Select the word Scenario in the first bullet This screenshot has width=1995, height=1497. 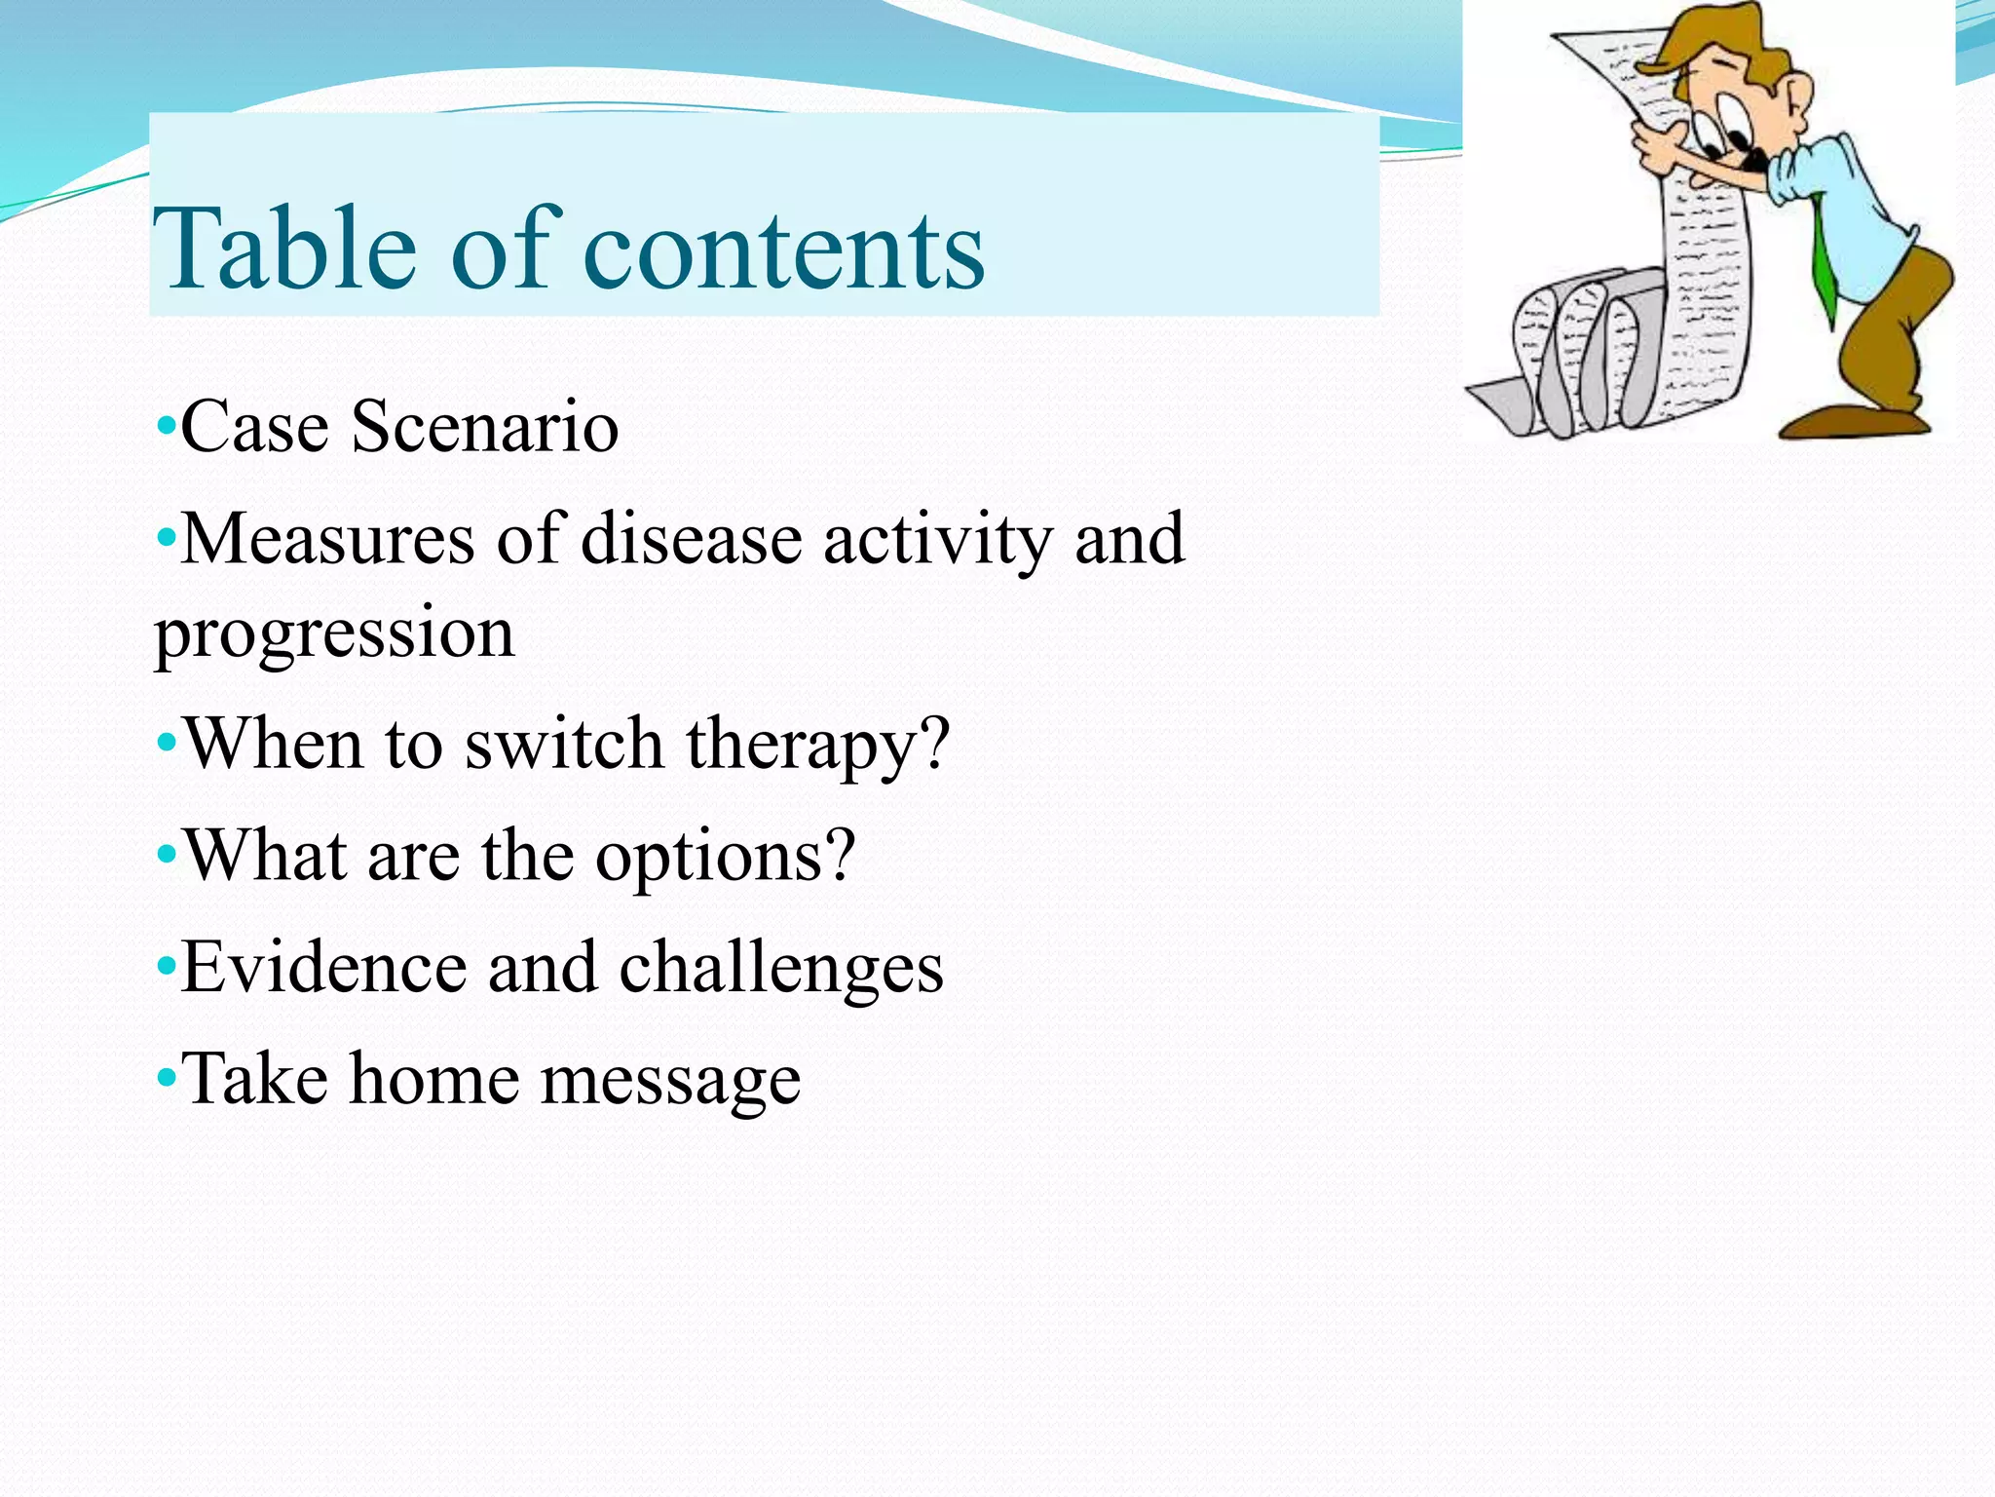coord(484,427)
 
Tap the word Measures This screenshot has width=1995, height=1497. coord(328,539)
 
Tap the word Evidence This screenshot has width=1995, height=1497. coord(324,968)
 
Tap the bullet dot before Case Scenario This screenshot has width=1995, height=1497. coord(166,427)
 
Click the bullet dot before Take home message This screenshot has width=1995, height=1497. coord(166,1080)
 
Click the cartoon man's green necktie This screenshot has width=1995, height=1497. coord(1823,263)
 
